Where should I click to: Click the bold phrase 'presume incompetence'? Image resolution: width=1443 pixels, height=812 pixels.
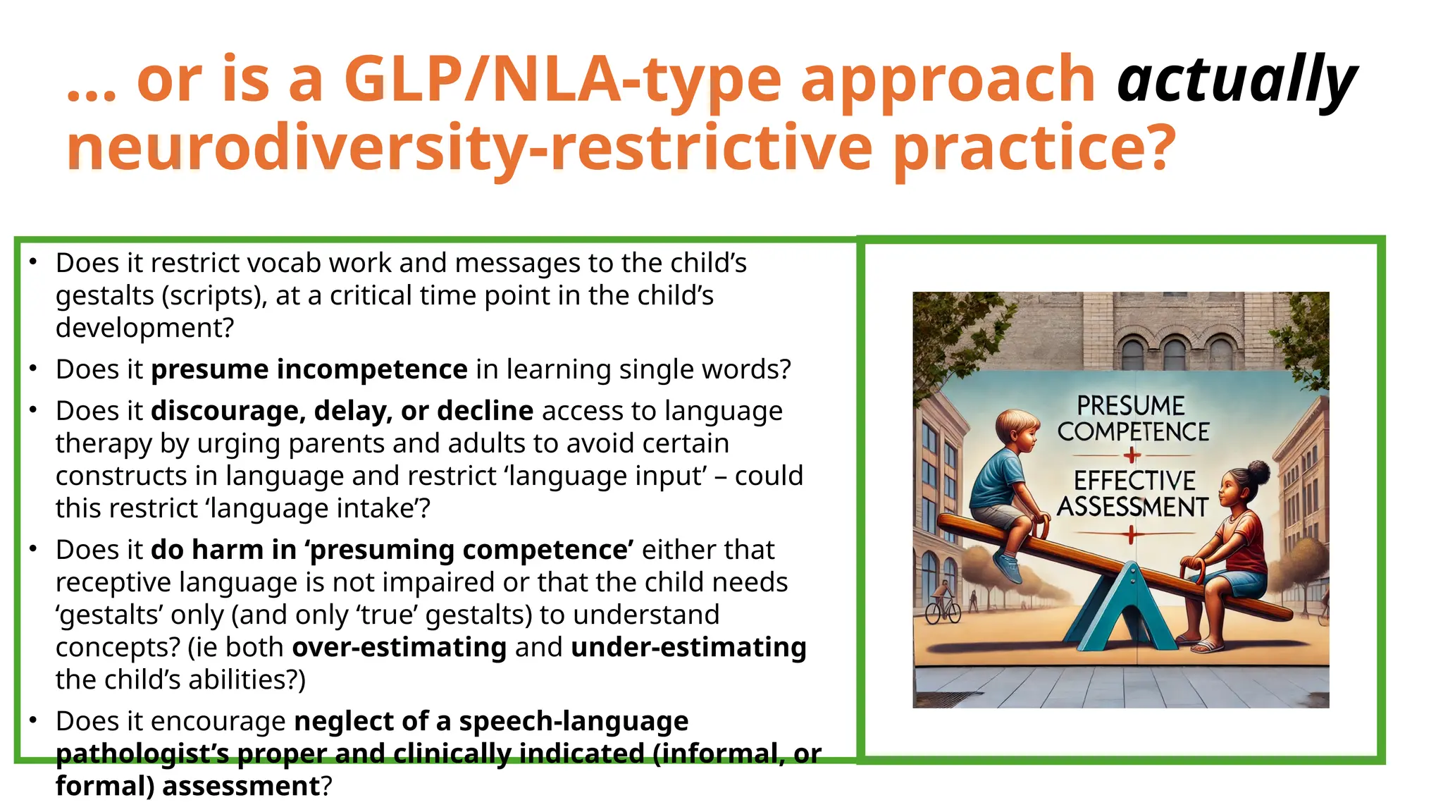[309, 369]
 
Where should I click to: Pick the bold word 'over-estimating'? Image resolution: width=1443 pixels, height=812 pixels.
[400, 647]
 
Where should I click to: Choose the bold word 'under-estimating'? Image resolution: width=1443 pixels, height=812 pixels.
[688, 647]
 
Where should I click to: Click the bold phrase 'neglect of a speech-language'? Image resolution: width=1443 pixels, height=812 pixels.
[491, 721]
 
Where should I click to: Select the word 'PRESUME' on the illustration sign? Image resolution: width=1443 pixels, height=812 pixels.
[1131, 405]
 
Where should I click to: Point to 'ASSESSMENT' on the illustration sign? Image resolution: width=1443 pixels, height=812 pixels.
[1132, 507]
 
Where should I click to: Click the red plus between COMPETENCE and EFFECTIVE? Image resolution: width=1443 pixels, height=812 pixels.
[1132, 455]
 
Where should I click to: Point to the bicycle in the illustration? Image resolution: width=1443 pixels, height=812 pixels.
[943, 610]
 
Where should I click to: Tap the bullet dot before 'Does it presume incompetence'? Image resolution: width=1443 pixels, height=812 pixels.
[33, 368]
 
